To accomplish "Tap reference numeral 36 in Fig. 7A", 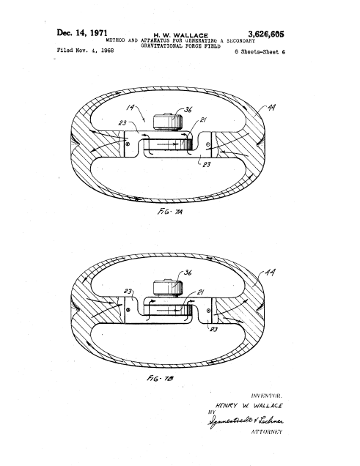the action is tap(188, 111).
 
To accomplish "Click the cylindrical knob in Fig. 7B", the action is tap(166, 286).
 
